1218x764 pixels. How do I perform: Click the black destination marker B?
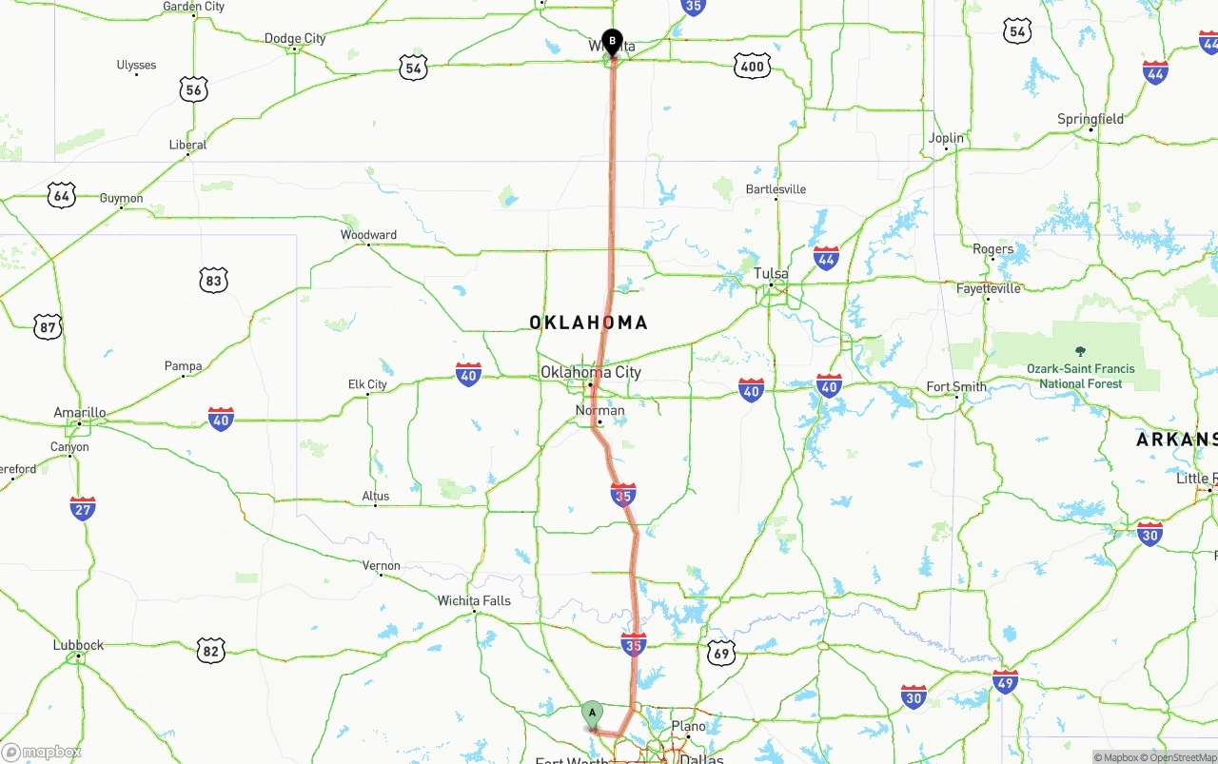click(612, 43)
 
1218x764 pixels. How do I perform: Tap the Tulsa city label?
click(771, 274)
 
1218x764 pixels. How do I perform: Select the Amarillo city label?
click(80, 413)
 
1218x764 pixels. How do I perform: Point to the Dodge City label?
click(295, 39)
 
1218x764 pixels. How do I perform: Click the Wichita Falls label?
click(474, 600)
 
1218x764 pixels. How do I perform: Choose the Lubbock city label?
click(78, 645)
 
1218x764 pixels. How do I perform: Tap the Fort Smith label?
click(957, 387)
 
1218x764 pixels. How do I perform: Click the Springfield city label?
click(1090, 119)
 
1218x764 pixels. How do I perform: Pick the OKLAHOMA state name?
click(588, 323)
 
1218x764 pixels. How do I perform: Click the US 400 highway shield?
click(753, 66)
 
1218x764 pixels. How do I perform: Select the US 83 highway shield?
click(213, 280)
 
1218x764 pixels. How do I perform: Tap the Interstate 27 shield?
click(83, 508)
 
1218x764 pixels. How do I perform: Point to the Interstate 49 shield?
click(1005, 681)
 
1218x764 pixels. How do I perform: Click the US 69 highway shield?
click(721, 653)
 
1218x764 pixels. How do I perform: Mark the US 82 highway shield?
click(211, 651)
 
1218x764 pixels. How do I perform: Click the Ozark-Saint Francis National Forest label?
click(1080, 376)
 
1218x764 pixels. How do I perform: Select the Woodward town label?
click(369, 235)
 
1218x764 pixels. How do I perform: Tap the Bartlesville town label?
click(776, 189)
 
